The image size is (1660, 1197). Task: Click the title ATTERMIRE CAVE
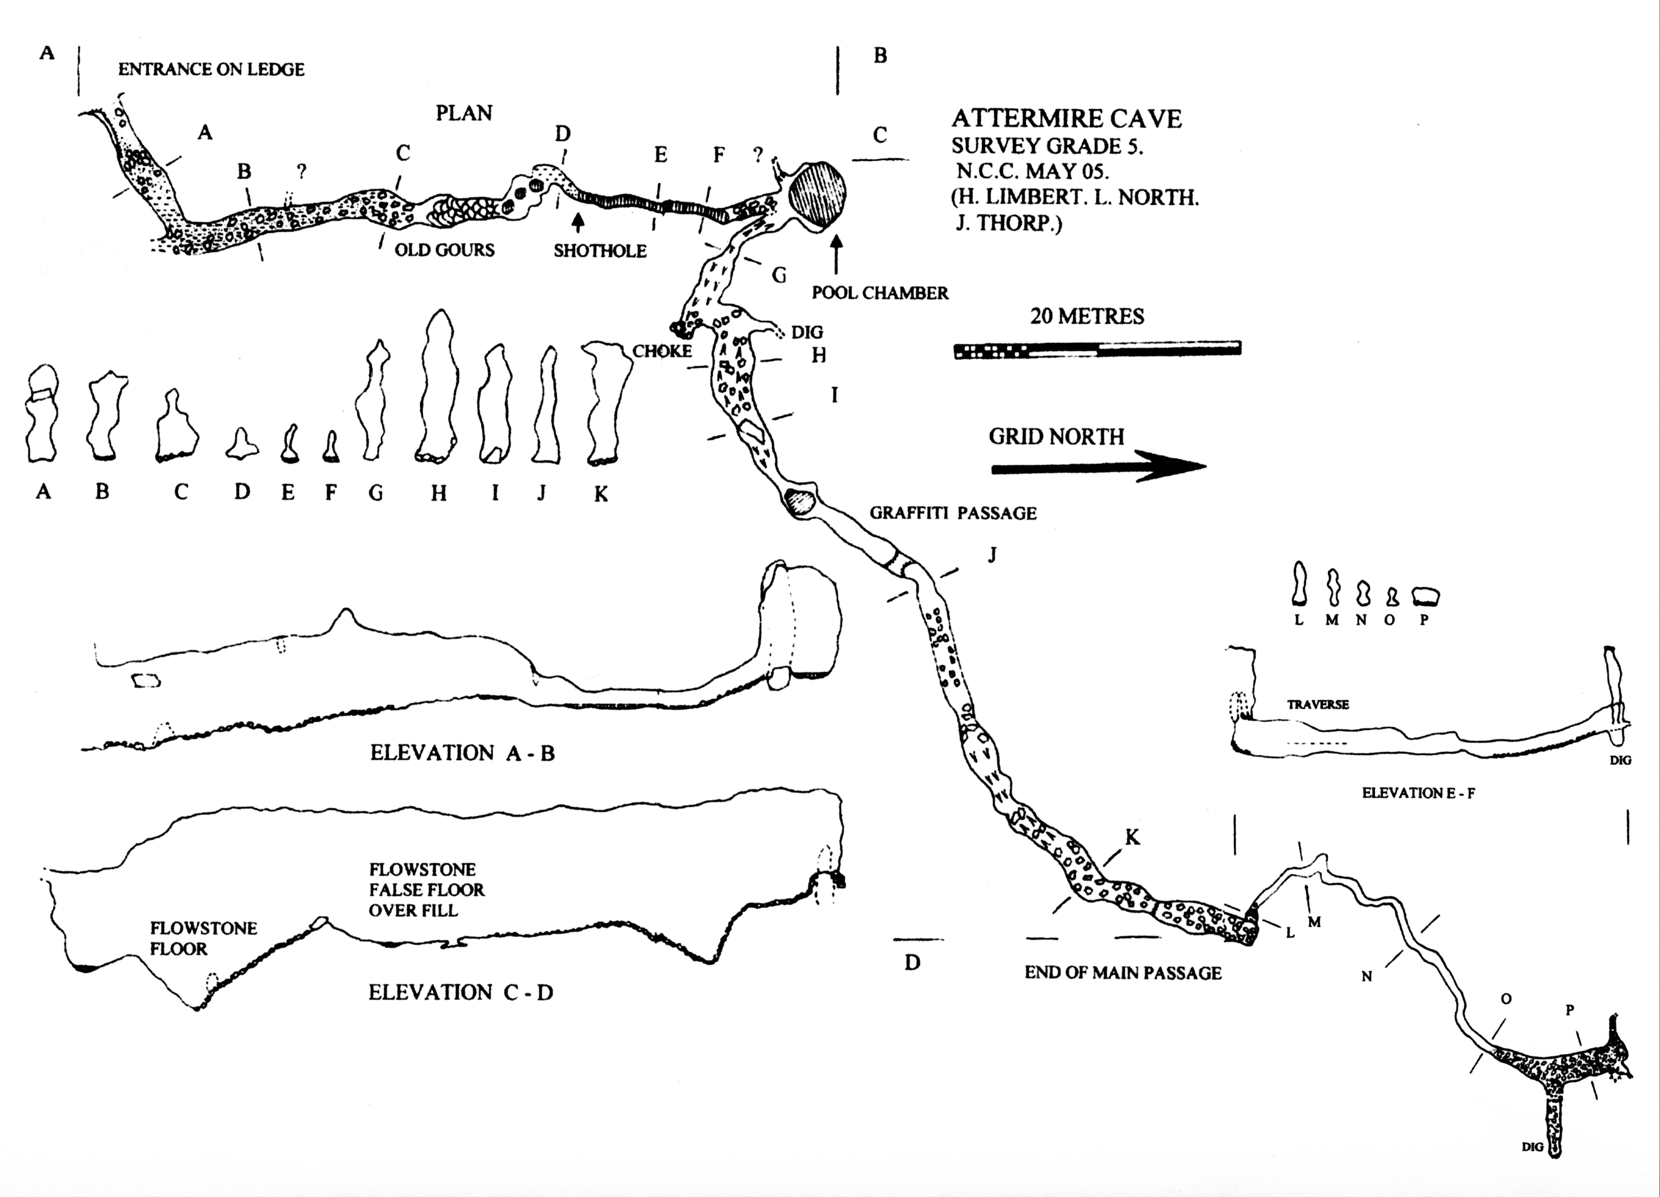pyautogui.click(x=1066, y=118)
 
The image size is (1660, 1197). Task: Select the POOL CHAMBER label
pyautogui.click(x=879, y=293)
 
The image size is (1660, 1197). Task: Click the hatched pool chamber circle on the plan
pyautogui.click(x=817, y=195)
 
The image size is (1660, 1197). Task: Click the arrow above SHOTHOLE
pyautogui.click(x=578, y=222)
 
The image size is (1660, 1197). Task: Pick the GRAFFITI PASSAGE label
pyautogui.click(x=953, y=513)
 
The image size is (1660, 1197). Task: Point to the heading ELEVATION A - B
pyautogui.click(x=462, y=753)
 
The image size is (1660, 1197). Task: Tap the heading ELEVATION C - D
pyautogui.click(x=460, y=993)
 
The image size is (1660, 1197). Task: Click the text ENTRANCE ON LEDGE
pyautogui.click(x=211, y=70)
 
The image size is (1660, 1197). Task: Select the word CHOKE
pyautogui.click(x=661, y=352)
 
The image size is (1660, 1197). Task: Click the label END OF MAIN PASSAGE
pyautogui.click(x=1123, y=973)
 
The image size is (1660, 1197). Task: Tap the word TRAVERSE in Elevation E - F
pyautogui.click(x=1317, y=704)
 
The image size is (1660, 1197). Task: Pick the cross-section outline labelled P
pyautogui.click(x=1426, y=596)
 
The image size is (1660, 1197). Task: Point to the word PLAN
pyautogui.click(x=464, y=113)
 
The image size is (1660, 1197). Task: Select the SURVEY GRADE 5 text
pyautogui.click(x=1047, y=145)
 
